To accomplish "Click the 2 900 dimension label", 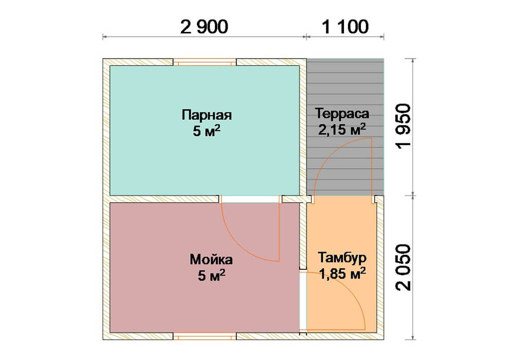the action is pos(204,27).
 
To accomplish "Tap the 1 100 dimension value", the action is pos(345,27).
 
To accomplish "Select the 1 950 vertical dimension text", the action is pos(403,126).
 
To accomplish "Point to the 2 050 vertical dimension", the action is pos(403,267).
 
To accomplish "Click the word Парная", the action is pos(207,115).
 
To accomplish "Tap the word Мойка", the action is pos(211,260).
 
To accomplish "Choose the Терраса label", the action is pos(342,114).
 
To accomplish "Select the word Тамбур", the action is pos(342,258).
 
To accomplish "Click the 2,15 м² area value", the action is pos(342,130).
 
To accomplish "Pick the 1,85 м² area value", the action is pos(342,274).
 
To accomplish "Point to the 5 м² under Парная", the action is pos(207,131).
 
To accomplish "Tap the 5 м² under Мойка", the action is pos(211,276).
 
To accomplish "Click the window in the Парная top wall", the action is pos(205,62).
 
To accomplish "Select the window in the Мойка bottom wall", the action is pos(205,336).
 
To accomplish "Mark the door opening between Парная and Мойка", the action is pos(250,200).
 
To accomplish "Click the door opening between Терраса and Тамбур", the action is pos(342,200).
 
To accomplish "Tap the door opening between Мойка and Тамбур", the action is pos(303,301).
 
